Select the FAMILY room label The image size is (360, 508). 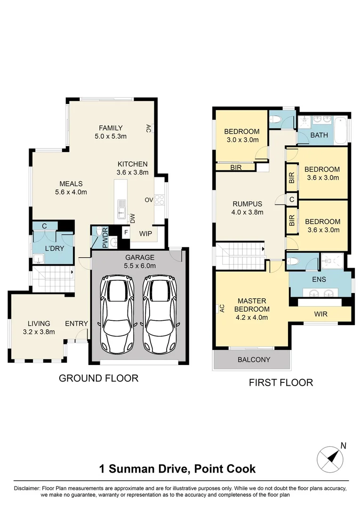[111, 128]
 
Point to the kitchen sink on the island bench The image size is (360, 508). [121, 206]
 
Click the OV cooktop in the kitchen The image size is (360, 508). [159, 200]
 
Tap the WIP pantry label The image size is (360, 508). [145, 233]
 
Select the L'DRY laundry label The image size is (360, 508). [54, 248]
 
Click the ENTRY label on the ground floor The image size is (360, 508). [76, 324]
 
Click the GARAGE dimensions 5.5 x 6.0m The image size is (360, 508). [140, 266]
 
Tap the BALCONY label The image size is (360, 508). [253, 360]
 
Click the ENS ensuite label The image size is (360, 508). [319, 279]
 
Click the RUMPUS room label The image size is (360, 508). [247, 204]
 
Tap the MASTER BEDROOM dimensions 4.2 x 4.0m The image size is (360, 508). [252, 317]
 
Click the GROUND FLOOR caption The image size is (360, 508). [98, 378]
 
